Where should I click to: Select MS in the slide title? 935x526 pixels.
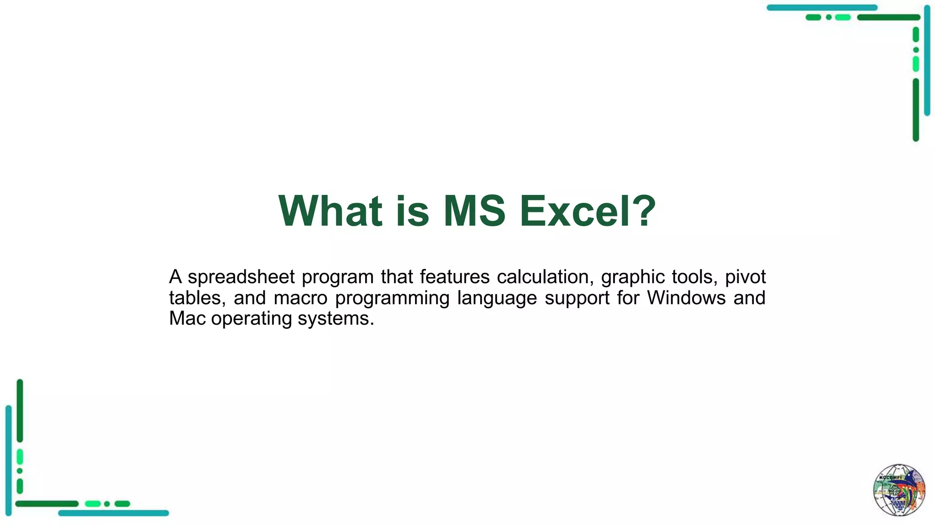(x=474, y=211)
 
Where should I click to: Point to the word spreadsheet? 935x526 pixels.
(x=241, y=278)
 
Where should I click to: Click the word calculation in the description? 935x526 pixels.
(x=545, y=277)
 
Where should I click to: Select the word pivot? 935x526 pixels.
(x=745, y=277)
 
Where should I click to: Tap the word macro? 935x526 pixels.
(x=300, y=298)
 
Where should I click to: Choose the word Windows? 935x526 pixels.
(x=686, y=298)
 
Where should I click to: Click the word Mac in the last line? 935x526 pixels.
(x=187, y=319)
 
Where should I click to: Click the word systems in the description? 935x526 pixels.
(x=336, y=319)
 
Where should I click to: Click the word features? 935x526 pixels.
(x=454, y=277)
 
